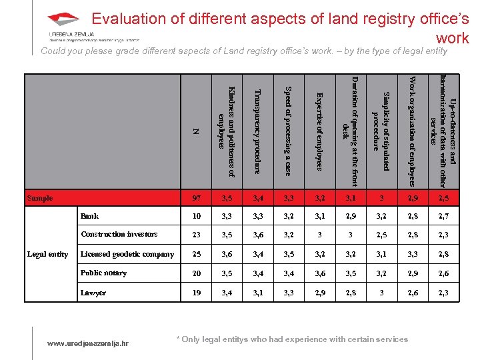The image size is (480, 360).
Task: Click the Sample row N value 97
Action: pyautogui.click(x=196, y=198)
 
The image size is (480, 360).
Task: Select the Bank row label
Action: pyautogui.click(x=89, y=216)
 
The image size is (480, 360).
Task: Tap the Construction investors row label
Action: pyautogui.click(x=119, y=234)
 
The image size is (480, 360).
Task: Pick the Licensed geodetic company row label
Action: pyautogui.click(x=127, y=254)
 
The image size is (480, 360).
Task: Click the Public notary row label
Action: pyautogui.click(x=103, y=273)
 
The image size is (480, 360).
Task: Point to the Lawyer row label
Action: pyautogui.click(x=93, y=293)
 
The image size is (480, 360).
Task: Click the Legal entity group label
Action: pyautogui.click(x=47, y=254)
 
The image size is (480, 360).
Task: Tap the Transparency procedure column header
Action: pyautogui.click(x=257, y=131)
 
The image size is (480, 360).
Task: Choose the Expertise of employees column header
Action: pyautogui.click(x=319, y=131)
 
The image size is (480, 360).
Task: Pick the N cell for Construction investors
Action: pyautogui.click(x=196, y=235)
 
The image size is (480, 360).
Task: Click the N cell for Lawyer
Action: pyautogui.click(x=196, y=293)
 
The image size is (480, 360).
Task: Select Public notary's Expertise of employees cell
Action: pyautogui.click(x=319, y=273)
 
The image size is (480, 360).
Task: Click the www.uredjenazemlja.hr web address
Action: pyautogui.click(x=89, y=343)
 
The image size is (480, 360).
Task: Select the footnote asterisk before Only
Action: pyautogui.click(x=177, y=339)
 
